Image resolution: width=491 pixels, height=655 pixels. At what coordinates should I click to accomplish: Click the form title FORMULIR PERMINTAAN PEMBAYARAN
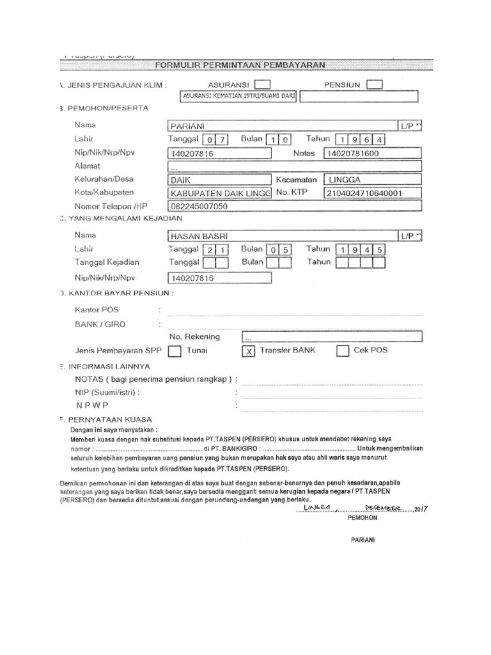coord(240,65)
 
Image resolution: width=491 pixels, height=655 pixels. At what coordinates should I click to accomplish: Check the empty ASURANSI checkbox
coord(262,84)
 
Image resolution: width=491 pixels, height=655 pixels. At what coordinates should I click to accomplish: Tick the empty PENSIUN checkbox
coord(375,84)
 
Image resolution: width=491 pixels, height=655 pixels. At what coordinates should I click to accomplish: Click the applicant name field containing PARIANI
coord(281,127)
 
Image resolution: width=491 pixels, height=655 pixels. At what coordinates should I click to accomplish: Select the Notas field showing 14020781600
coord(373,154)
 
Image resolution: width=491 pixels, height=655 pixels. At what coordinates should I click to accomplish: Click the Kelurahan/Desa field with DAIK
coord(217,180)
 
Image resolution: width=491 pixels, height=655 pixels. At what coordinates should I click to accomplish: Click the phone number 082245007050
coord(217,207)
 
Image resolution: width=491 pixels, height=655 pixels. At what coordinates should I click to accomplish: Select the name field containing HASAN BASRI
coord(281,237)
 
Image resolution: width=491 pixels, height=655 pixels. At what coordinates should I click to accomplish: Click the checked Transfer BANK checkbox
coord(249,351)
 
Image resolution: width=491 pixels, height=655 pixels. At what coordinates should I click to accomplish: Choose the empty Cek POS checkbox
coord(343,351)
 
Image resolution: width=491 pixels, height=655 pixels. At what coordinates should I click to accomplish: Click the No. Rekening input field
coord(332,337)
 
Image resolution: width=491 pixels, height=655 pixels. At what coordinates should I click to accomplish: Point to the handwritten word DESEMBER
coord(381,507)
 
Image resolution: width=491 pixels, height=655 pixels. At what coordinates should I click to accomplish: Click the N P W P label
coord(93,406)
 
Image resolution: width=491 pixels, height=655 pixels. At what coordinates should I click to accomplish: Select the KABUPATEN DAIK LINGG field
coord(217,194)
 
